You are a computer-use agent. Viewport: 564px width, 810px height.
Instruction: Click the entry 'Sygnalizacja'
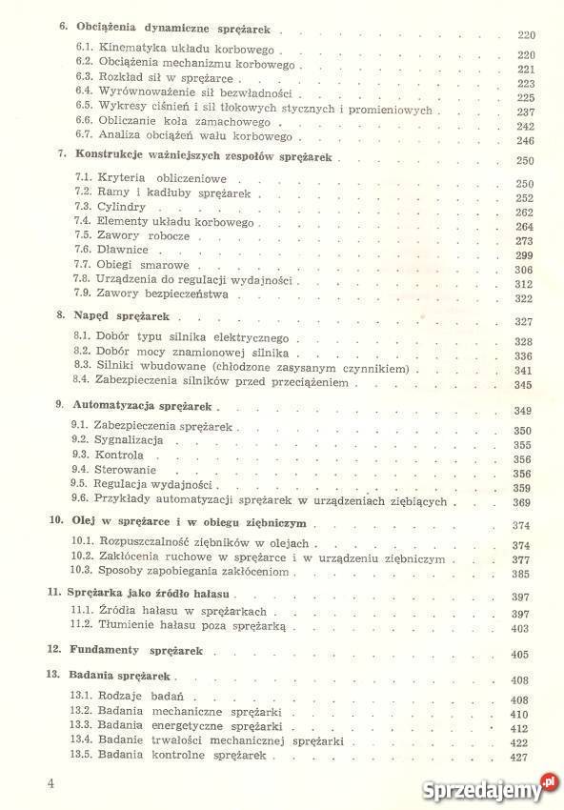coord(130,441)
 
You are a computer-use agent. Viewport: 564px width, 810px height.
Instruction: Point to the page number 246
coord(525,141)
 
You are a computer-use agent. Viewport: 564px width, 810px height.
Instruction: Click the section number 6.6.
coord(83,125)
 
